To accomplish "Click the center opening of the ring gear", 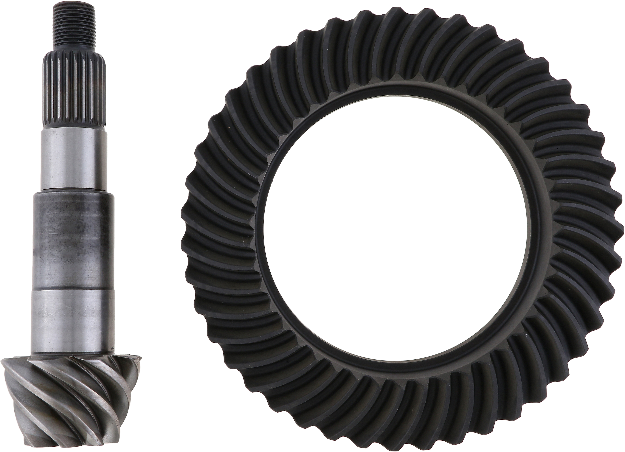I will [397, 223].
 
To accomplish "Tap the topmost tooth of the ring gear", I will [397, 17].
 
